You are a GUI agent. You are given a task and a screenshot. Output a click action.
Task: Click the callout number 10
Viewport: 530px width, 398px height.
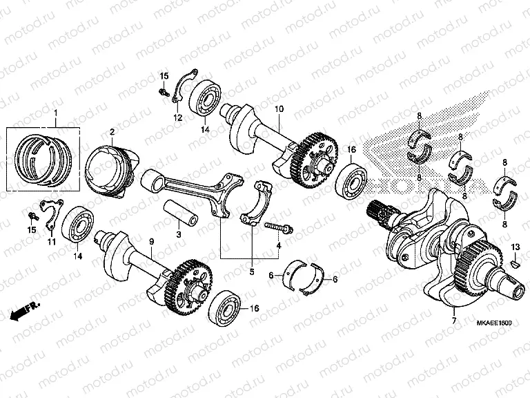coord(279,109)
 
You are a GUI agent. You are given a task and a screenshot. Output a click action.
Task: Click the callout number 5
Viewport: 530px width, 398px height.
coord(251,272)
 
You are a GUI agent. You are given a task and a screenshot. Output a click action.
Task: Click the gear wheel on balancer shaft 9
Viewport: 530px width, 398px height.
coord(190,285)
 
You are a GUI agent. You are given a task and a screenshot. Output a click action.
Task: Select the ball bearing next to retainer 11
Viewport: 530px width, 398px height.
coord(77,225)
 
